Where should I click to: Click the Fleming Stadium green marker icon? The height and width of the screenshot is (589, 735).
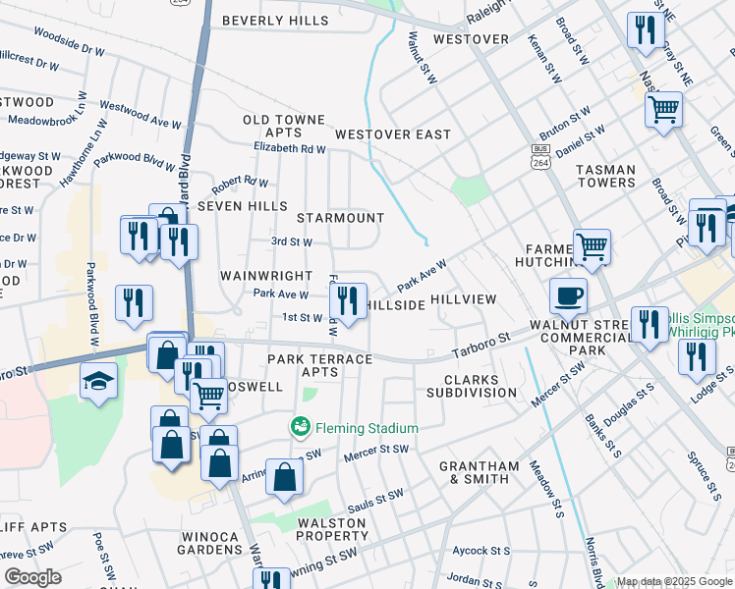[300, 427]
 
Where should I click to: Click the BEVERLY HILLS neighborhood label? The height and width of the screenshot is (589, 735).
[275, 21]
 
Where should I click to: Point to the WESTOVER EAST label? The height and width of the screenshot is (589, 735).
[392, 134]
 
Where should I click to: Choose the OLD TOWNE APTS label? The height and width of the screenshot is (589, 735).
[284, 126]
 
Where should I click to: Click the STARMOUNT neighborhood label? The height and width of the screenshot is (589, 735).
[340, 217]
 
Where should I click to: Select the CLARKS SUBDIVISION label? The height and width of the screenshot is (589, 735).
[472, 386]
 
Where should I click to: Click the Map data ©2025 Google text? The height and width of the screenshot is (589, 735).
[674, 581]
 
